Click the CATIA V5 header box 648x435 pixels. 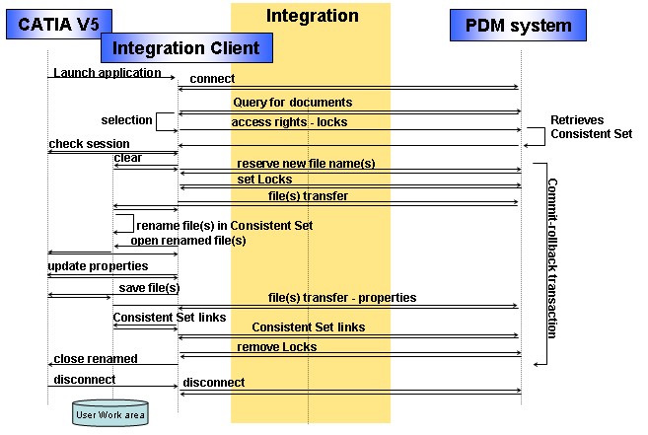[59, 24]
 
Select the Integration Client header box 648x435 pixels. [186, 48]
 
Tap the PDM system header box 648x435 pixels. [518, 26]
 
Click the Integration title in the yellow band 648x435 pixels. [313, 16]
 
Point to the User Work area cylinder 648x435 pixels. [110, 413]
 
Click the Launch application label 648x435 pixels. [108, 73]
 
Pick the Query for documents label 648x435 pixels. [293, 103]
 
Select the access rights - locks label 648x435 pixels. [289, 122]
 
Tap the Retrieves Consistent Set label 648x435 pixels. [592, 127]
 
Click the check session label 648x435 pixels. [90, 144]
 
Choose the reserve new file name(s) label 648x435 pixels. [306, 164]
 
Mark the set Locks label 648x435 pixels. [264, 180]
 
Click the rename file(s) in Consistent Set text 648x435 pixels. [225, 225]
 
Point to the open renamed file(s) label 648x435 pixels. [188, 241]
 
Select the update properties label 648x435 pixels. [98, 266]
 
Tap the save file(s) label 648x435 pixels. [149, 288]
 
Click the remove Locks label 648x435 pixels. [277, 346]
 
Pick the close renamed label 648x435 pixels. [96, 358]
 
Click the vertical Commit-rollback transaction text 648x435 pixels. [552, 258]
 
